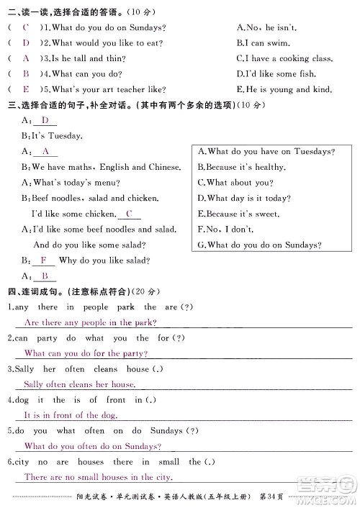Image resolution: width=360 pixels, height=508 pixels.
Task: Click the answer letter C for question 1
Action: tap(25, 27)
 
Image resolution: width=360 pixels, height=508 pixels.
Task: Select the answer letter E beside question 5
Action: tap(25, 89)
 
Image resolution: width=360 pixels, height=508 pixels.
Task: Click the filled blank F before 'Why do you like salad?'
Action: tap(43, 260)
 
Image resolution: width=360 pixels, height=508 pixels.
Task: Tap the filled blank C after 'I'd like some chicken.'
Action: tap(129, 214)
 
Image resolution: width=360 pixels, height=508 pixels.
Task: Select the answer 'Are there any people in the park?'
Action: tap(89, 323)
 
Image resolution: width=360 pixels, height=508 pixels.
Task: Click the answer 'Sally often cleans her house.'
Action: tap(79, 385)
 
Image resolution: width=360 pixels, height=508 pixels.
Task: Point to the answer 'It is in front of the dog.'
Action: tap(71, 415)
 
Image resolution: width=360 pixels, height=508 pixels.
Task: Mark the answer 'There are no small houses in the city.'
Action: tap(98, 477)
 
